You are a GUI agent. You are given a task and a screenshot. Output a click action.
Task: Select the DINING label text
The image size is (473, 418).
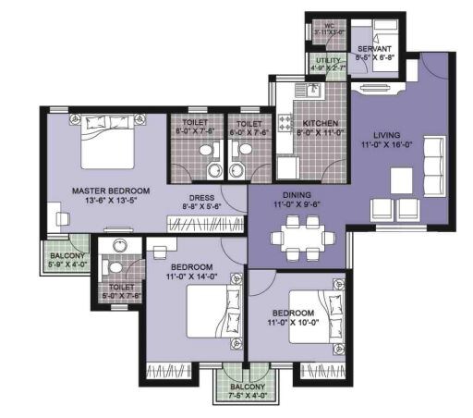pyautogui.click(x=296, y=195)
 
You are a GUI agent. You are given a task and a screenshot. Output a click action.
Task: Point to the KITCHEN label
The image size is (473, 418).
pyautogui.click(x=320, y=123)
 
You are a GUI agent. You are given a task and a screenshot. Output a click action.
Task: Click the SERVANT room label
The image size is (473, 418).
pyautogui.click(x=375, y=48)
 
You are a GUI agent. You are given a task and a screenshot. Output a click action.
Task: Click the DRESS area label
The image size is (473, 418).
pyautogui.click(x=202, y=197)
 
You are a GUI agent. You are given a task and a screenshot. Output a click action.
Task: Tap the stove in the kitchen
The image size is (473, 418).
pyautogui.click(x=285, y=122)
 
